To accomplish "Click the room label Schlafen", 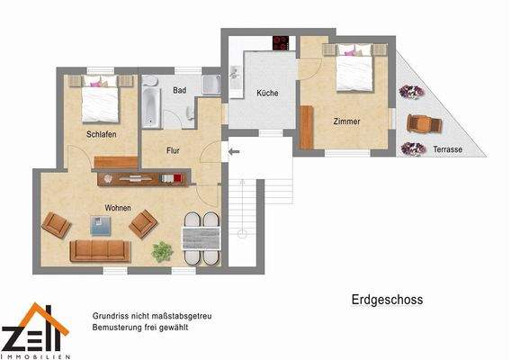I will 102,134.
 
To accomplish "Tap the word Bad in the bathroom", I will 180,91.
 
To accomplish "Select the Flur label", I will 175,150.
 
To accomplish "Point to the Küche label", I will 267,94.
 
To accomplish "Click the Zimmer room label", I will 346,121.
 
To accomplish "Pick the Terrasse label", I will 447,149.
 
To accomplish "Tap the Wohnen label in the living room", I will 117,208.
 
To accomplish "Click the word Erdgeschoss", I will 385,300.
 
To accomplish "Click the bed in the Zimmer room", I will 354,69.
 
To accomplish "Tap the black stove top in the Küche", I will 282,42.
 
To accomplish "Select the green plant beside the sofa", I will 161,253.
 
